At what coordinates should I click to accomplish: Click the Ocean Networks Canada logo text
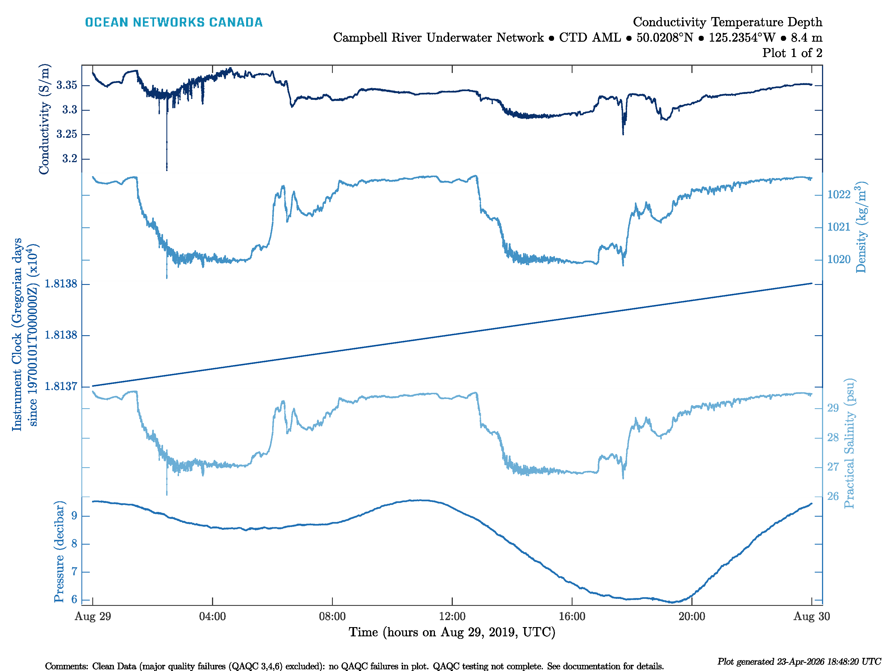[x=174, y=22]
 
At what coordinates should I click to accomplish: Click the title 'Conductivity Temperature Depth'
[x=727, y=22]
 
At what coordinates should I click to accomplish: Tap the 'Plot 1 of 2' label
[x=792, y=53]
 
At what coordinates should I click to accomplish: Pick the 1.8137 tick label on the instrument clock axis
[x=61, y=387]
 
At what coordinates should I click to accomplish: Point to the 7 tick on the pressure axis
[x=74, y=572]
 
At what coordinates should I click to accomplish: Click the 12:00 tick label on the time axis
[x=452, y=616]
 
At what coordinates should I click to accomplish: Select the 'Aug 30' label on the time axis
[x=811, y=616]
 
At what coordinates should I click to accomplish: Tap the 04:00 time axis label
[x=212, y=616]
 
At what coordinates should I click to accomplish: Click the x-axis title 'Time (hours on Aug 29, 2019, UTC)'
[x=452, y=632]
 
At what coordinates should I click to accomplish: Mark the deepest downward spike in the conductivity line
[x=166, y=169]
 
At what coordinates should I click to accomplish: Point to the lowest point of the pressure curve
[x=672, y=602]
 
